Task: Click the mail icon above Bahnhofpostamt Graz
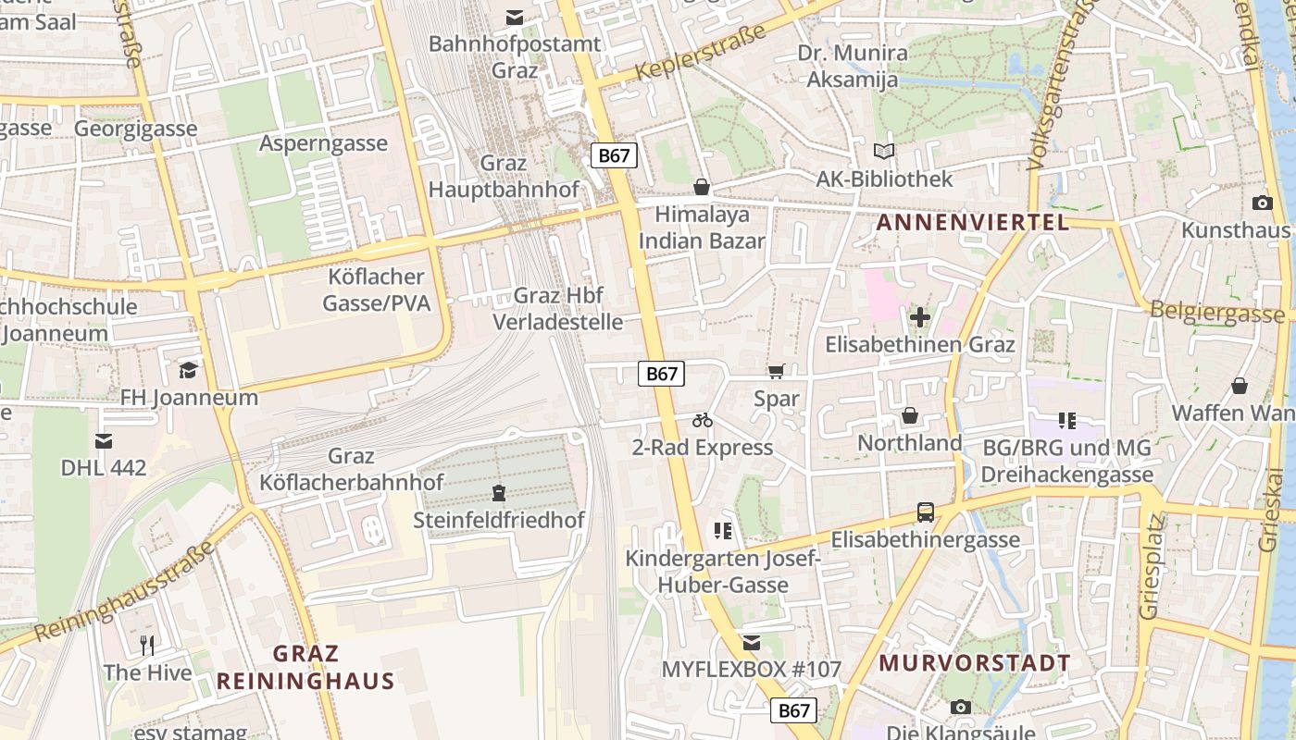[x=514, y=18]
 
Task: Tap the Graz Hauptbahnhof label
[x=504, y=177]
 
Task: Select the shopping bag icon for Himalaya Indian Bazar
[x=702, y=188]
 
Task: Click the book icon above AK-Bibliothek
[x=884, y=151]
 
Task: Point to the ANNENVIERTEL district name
[x=972, y=222]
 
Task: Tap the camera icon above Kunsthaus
[x=1262, y=203]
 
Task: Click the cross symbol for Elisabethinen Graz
[x=920, y=318]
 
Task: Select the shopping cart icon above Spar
[x=776, y=372]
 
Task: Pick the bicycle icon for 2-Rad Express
[x=703, y=421]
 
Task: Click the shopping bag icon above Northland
[x=910, y=416]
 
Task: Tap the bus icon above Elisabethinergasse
[x=925, y=512]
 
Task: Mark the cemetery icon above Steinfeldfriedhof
[x=499, y=492]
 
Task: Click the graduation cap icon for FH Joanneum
[x=189, y=370]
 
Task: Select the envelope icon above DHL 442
[x=104, y=441]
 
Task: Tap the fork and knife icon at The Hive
[x=147, y=645]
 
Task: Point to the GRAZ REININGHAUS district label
[x=305, y=668]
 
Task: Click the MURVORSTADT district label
[x=974, y=663]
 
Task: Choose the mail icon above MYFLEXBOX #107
[x=751, y=642]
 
